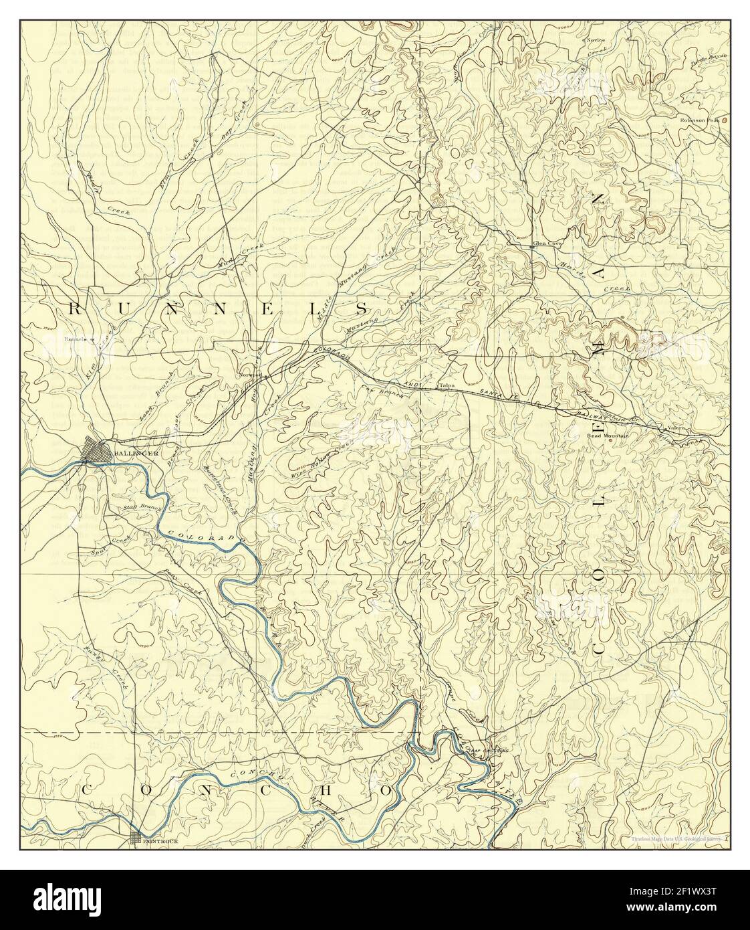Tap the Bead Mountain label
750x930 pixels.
click(608, 436)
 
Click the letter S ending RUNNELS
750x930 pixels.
click(361, 308)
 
